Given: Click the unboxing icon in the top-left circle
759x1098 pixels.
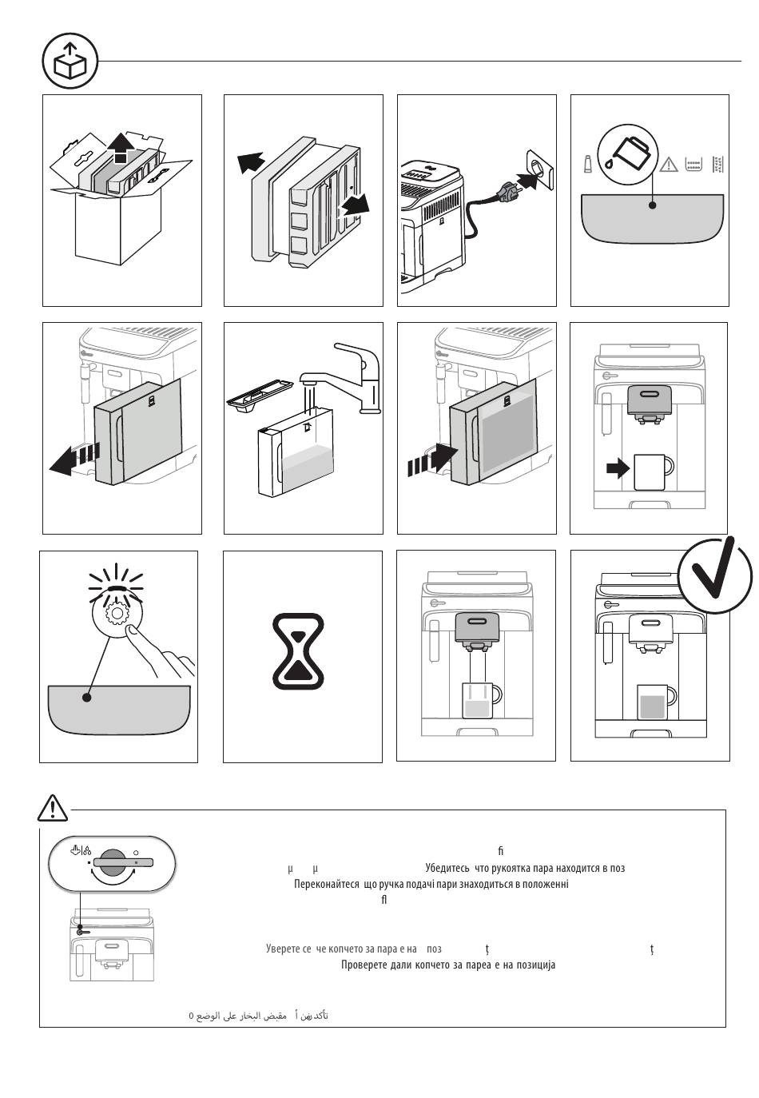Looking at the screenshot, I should click(x=70, y=62).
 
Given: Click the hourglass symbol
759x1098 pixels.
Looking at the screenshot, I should click(x=298, y=651).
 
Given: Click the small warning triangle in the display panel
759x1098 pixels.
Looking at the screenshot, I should click(x=668, y=165).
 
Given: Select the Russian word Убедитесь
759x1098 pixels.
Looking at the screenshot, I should click(x=448, y=868).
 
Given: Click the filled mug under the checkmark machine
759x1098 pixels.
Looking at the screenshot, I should click(x=655, y=704).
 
